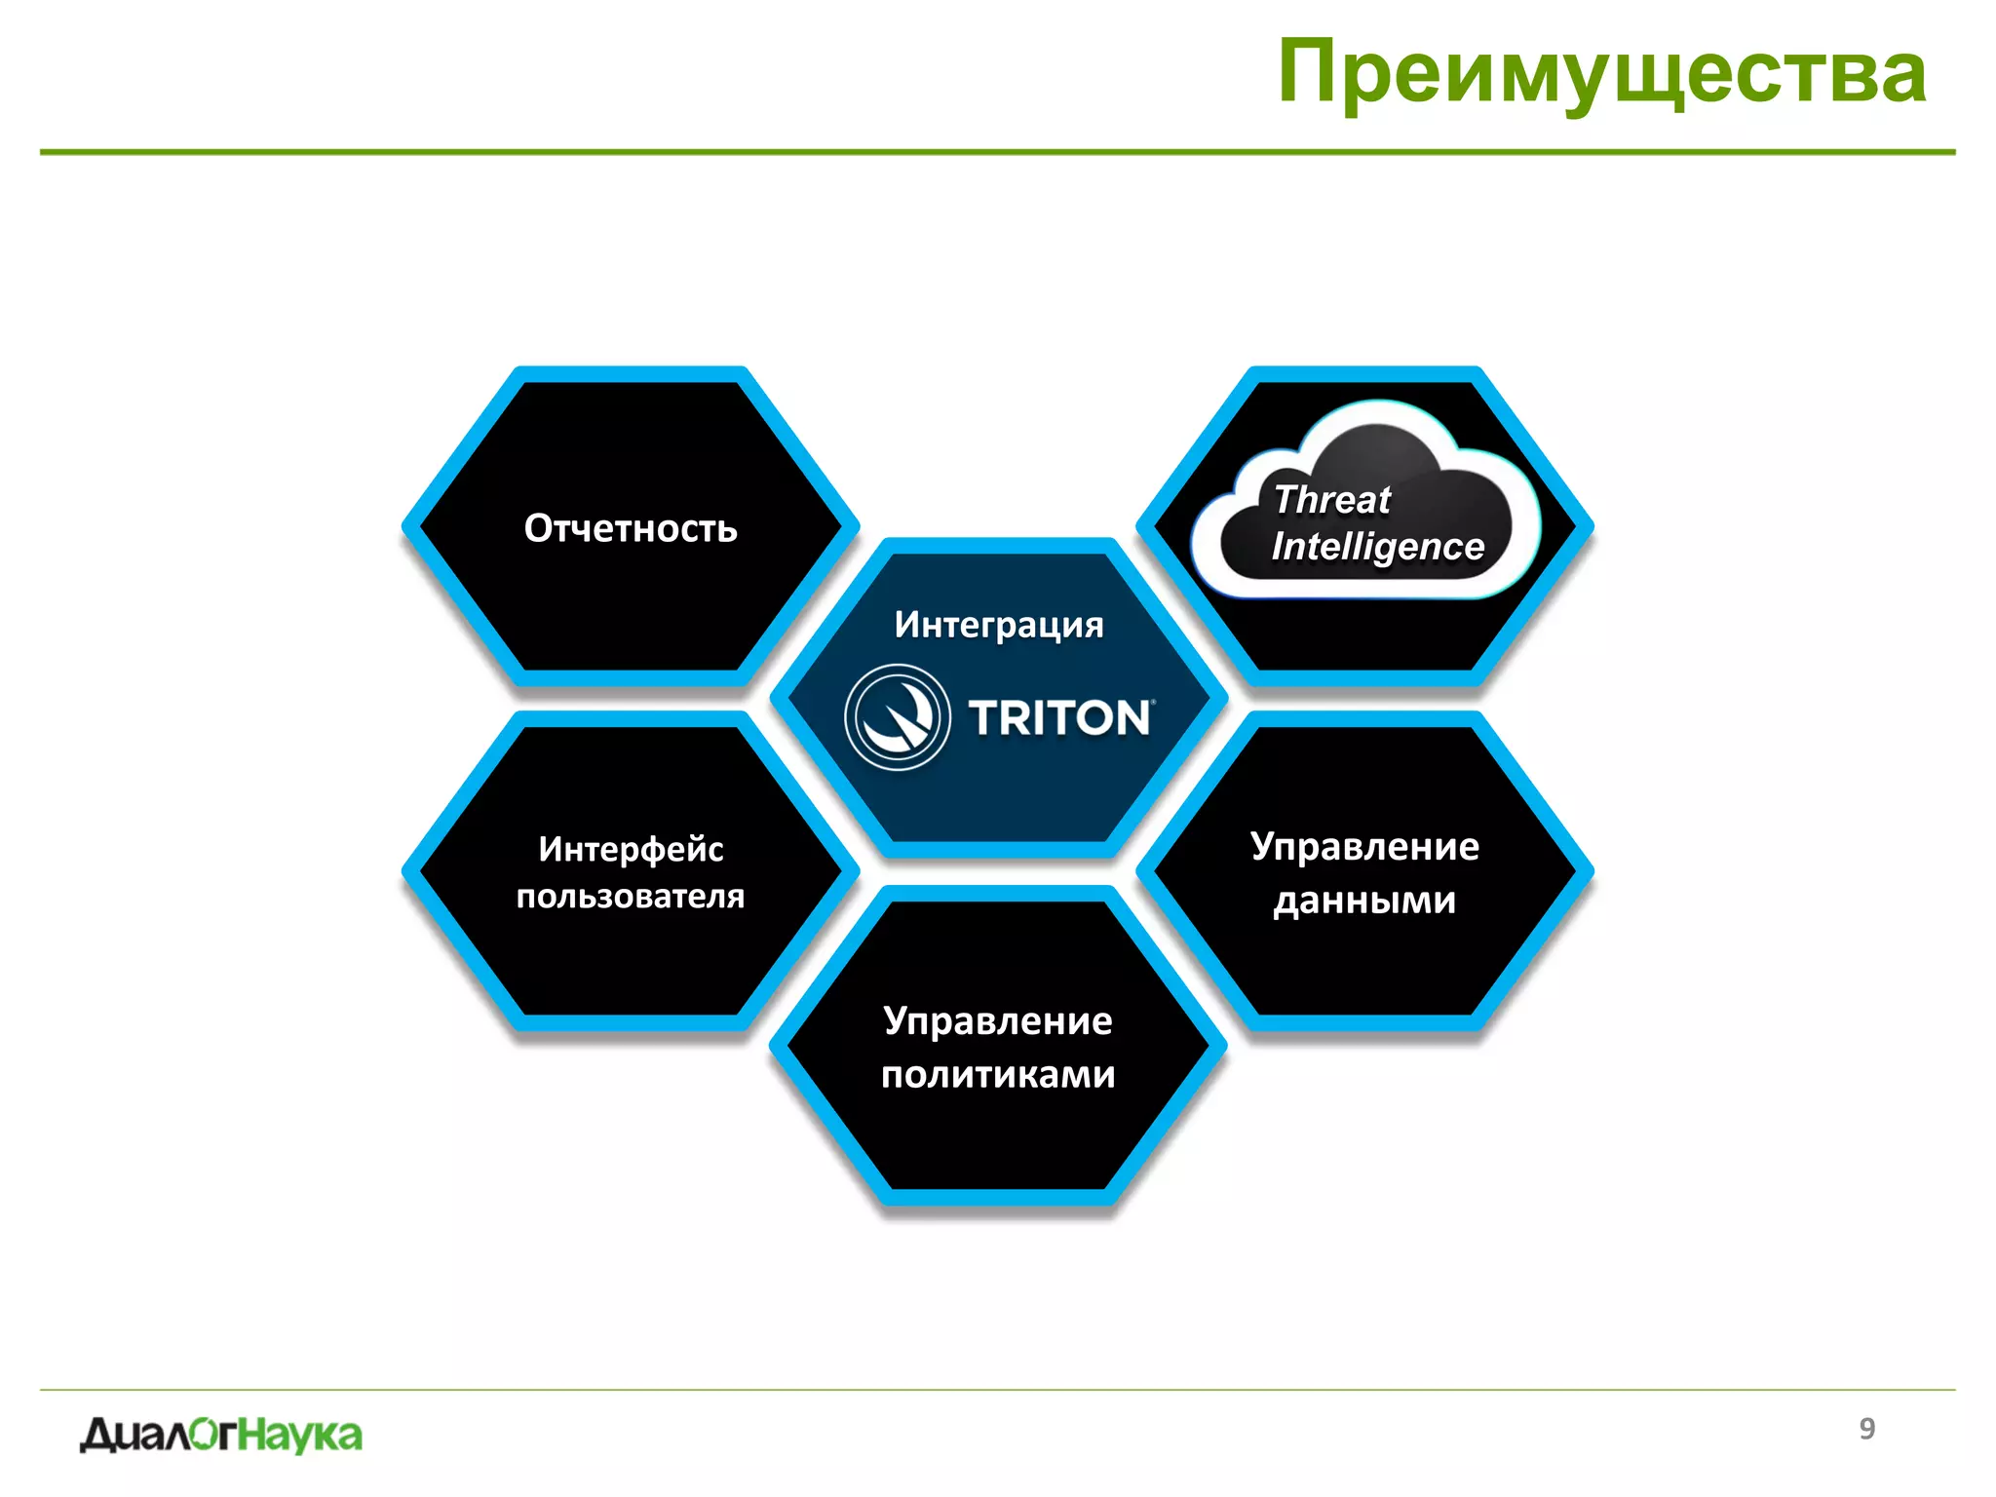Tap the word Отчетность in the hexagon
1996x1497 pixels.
pos(631,528)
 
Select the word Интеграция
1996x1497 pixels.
pos(999,625)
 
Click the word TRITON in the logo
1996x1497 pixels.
pos(1059,718)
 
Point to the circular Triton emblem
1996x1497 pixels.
pos(897,717)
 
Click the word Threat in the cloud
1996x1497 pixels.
pos(1331,499)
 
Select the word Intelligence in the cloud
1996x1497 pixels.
pos(1377,547)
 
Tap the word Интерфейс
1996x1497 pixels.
pos(631,849)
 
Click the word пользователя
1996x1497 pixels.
pos(631,896)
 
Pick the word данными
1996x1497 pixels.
pos(1364,901)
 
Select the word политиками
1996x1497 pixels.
pos(998,1074)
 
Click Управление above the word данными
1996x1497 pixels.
pos(1364,846)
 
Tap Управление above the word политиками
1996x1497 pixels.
pos(998,1020)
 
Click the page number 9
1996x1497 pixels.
pos(1866,1428)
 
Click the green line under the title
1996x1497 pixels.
pos(997,152)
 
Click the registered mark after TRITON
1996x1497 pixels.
pos(1155,702)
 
